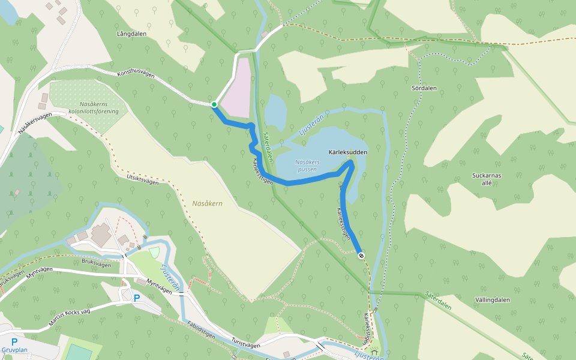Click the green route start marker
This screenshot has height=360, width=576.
coord(214,104)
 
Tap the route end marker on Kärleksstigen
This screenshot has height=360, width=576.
coord(361,256)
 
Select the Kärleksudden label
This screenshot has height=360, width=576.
coord(347,153)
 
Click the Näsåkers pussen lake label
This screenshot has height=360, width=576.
coord(307,166)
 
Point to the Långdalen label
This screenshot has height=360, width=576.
coord(132,34)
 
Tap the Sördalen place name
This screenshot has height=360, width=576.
coord(424,88)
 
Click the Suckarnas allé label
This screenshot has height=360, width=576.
coord(487,179)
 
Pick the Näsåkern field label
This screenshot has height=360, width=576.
coord(208,203)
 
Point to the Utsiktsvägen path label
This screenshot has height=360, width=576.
coord(142,178)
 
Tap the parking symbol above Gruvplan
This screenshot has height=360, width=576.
coord(14,342)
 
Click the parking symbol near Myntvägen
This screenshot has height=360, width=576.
coord(137,298)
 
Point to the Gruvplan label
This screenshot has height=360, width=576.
coord(14,350)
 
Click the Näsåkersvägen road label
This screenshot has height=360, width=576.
coord(33,122)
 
